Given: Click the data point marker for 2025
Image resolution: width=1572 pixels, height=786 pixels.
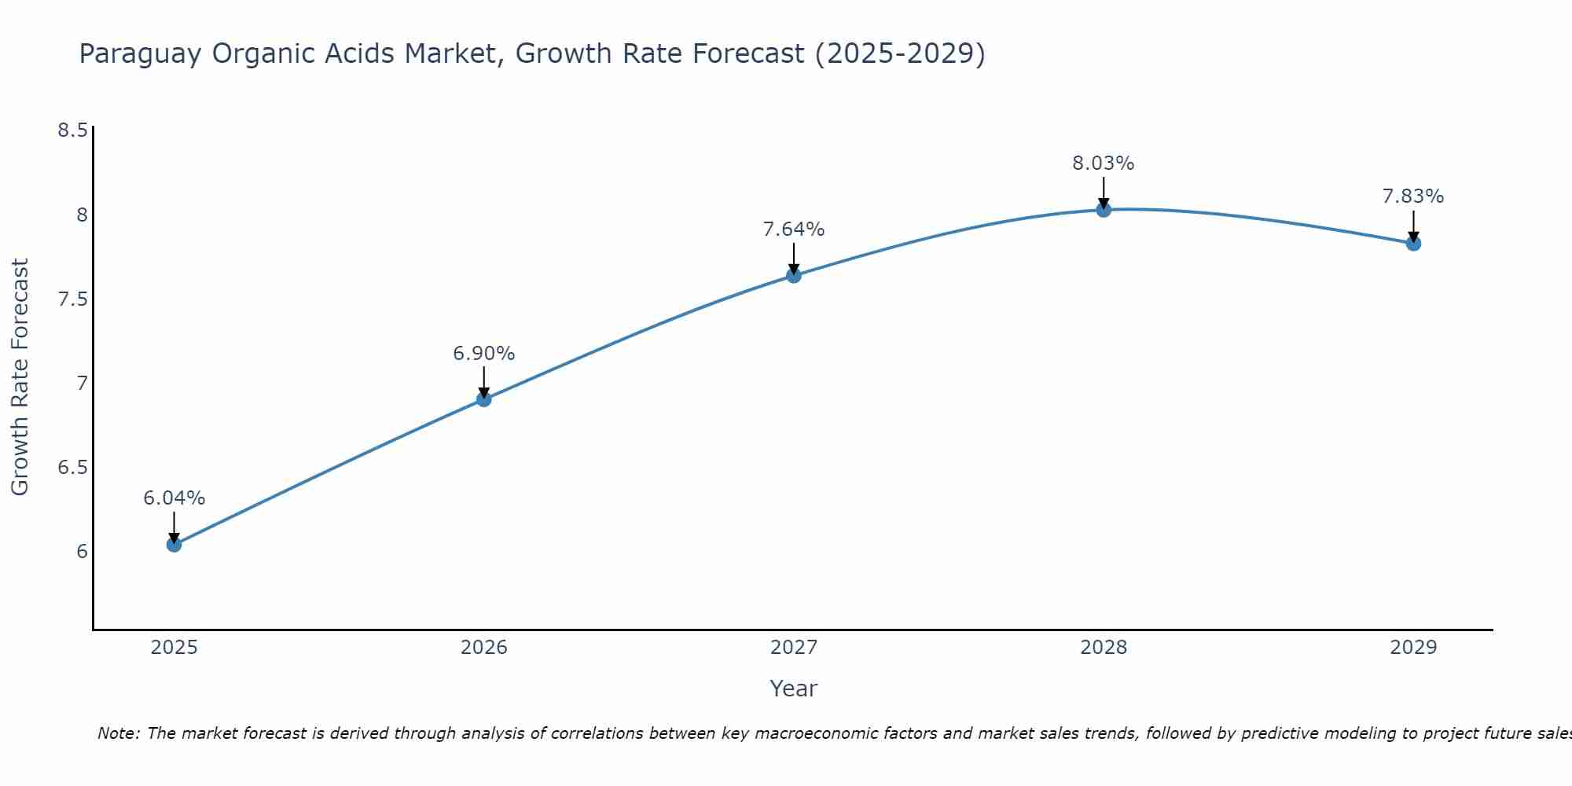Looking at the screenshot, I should pyautogui.click(x=174, y=544).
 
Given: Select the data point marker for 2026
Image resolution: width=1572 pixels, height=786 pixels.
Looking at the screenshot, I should pyautogui.click(x=483, y=399).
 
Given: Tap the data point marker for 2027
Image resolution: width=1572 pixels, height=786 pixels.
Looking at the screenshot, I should pyautogui.click(x=793, y=275).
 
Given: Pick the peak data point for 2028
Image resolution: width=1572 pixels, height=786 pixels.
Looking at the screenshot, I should pyautogui.click(x=1103, y=209).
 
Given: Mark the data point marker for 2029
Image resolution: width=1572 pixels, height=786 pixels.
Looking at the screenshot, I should pyautogui.click(x=1412, y=243).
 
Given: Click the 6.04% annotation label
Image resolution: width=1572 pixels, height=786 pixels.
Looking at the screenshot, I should pyautogui.click(x=174, y=498).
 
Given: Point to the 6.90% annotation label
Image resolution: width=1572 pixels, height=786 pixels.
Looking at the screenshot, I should pyautogui.click(x=483, y=353).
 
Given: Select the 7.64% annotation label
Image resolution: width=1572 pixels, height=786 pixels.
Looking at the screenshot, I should pyautogui.click(x=793, y=229).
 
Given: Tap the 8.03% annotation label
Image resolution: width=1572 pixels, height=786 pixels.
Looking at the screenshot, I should pyautogui.click(x=1103, y=163).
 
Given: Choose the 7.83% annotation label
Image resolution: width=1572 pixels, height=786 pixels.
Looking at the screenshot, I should pyautogui.click(x=1412, y=196).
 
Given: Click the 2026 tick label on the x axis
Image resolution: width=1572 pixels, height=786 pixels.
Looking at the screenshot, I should pyautogui.click(x=483, y=647).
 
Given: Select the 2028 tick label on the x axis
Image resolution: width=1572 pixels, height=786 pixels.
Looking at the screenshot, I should pyautogui.click(x=1103, y=647).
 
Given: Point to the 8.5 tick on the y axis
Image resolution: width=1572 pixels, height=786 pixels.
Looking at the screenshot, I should pyautogui.click(x=72, y=130).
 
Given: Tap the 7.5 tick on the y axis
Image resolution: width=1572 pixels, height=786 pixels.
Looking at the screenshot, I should pyautogui.click(x=72, y=299).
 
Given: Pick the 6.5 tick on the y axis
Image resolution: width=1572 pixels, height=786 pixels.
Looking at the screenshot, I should pyautogui.click(x=72, y=467).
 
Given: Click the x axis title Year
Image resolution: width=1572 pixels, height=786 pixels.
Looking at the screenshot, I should pyautogui.click(x=793, y=688).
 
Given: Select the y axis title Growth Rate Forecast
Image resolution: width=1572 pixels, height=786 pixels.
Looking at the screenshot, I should pyautogui.click(x=20, y=376).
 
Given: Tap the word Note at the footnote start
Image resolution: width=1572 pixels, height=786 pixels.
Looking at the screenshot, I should pyautogui.click(x=118, y=733).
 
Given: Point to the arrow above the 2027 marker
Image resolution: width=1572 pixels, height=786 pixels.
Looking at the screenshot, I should pyautogui.click(x=793, y=257).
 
